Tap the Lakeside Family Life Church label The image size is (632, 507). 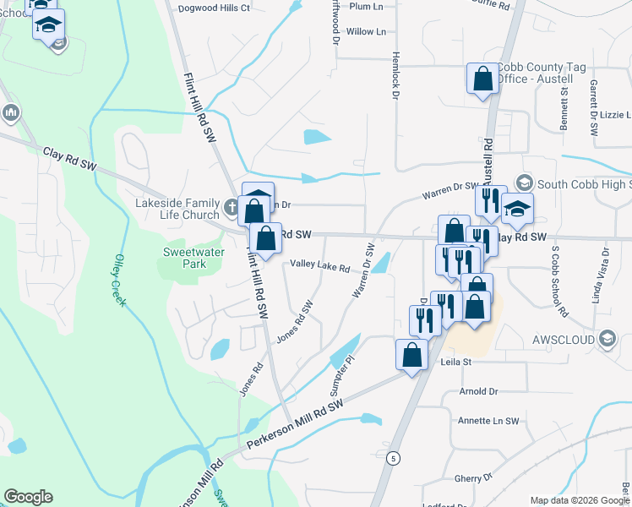coord(177,209)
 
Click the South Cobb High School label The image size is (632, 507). coord(584,183)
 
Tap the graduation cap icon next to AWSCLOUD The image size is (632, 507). coord(606,338)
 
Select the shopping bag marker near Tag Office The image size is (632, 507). coord(482,79)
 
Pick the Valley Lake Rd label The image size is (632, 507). coord(320,266)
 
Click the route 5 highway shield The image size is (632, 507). coord(393,457)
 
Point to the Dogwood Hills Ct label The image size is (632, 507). coord(215,8)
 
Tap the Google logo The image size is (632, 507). coord(28,496)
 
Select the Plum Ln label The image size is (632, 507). coord(366,6)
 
